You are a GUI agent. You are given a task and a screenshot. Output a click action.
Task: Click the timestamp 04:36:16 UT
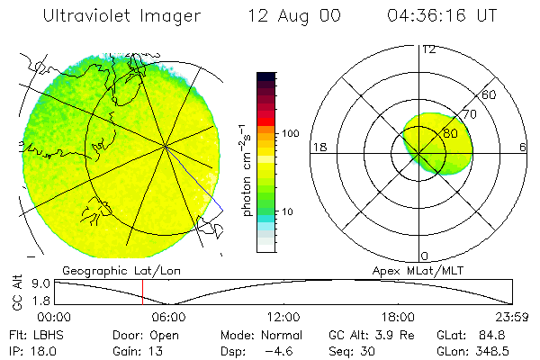(443, 16)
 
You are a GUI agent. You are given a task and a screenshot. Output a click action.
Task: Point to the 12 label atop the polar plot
(429, 49)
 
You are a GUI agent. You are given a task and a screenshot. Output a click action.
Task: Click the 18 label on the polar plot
(318, 148)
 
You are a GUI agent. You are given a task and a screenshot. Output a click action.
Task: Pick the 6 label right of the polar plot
(523, 148)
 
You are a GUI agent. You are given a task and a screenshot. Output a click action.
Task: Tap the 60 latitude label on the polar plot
(490, 94)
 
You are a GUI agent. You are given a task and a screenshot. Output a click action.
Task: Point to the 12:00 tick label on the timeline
(283, 317)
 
